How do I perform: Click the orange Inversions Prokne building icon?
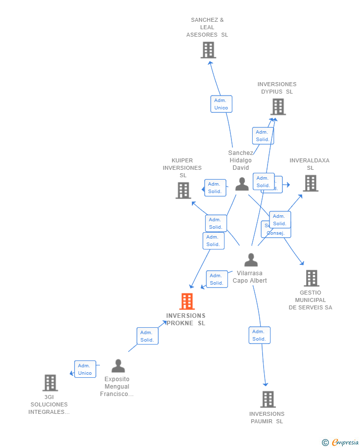click(x=187, y=301)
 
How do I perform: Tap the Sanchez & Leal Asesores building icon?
click(x=208, y=50)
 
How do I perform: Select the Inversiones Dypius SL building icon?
click(x=278, y=106)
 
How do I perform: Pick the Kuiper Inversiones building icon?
click(x=183, y=190)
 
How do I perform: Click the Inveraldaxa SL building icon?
click(x=310, y=183)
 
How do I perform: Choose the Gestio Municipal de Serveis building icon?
click(x=311, y=278)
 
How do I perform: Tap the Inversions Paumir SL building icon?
click(x=268, y=399)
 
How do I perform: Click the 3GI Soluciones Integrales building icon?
click(x=50, y=383)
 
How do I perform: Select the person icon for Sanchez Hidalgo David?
click(x=242, y=184)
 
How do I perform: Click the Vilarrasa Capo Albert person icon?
click(x=251, y=260)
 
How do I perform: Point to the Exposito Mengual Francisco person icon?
click(x=118, y=366)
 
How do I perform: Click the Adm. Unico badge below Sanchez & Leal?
click(x=221, y=104)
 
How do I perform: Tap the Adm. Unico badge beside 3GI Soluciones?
click(x=85, y=369)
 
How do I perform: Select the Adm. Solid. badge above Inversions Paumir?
click(x=259, y=335)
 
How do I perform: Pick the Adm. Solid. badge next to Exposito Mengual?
click(x=147, y=336)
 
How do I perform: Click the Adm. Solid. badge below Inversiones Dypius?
click(x=263, y=136)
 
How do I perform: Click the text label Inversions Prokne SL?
click(x=186, y=319)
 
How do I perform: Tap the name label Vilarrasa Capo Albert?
click(x=250, y=277)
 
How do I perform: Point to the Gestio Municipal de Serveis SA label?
click(x=311, y=300)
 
